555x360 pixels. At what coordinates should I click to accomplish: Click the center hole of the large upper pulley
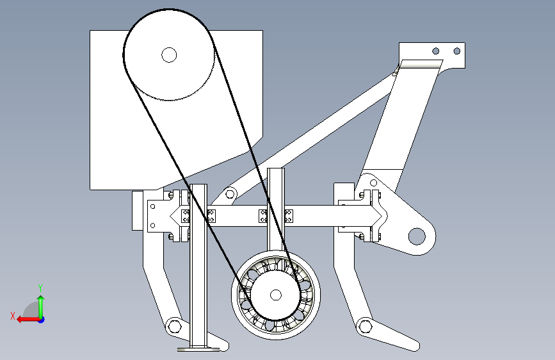click(x=169, y=55)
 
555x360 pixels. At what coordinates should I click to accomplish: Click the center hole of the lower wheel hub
click(x=276, y=295)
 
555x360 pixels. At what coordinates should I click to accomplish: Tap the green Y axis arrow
click(x=41, y=307)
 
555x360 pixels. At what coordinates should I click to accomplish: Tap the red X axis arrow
click(x=28, y=320)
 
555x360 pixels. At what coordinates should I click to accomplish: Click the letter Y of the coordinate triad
click(x=40, y=288)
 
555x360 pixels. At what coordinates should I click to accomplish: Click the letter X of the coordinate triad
click(x=13, y=316)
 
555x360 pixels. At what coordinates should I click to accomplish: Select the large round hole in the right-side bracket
click(x=417, y=236)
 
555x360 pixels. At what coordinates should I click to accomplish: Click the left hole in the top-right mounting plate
click(x=436, y=51)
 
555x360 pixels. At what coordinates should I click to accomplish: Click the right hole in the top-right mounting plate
click(x=457, y=51)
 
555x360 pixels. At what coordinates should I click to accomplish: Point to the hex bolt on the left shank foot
click(x=174, y=325)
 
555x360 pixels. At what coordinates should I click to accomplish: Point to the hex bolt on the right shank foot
click(x=366, y=325)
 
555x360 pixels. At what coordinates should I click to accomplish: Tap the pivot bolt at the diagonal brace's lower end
click(x=230, y=194)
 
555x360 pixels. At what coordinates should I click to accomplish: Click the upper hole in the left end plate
click(x=152, y=206)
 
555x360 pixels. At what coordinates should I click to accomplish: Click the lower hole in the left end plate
click(x=152, y=225)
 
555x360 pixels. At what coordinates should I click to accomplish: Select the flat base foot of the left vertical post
click(x=198, y=349)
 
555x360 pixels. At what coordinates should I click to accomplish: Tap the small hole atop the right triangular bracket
click(x=373, y=183)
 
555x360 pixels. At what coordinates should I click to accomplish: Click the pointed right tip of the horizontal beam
click(x=382, y=215)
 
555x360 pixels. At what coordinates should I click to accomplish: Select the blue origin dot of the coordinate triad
click(x=42, y=320)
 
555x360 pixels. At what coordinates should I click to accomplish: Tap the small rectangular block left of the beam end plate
click(x=138, y=211)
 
